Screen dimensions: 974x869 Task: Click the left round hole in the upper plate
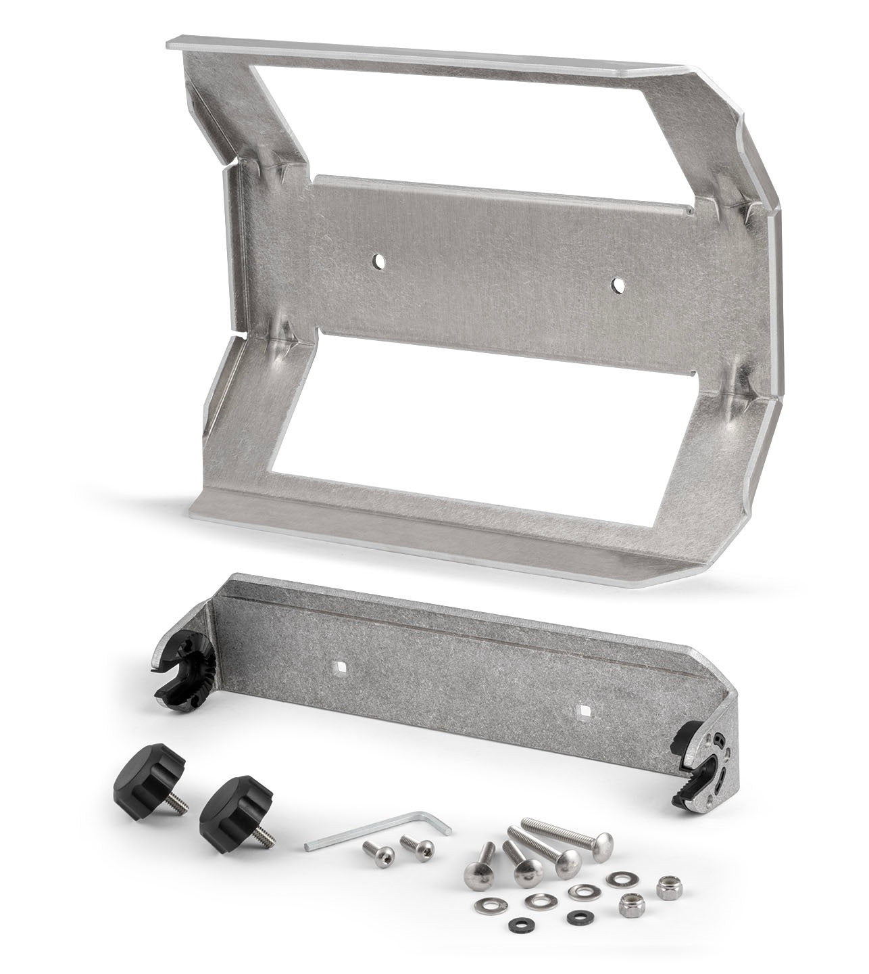pyautogui.click(x=380, y=260)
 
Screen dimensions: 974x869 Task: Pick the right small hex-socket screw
pyautogui.click(x=412, y=843)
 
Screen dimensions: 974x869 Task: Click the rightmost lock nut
pyautogui.click(x=668, y=883)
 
